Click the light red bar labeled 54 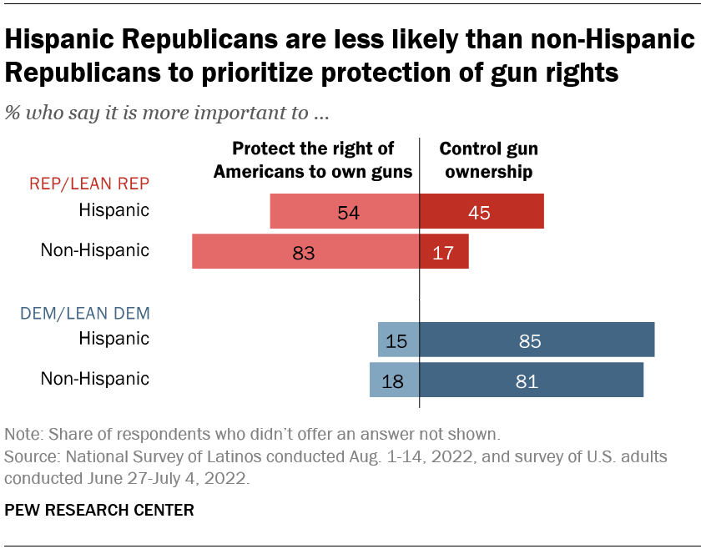point(345,212)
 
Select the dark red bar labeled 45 point(482,212)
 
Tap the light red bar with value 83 point(305,251)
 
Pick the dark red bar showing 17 point(444,251)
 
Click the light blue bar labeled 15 point(398,340)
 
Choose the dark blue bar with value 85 point(537,340)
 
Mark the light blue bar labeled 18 point(395,380)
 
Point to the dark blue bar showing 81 point(532,380)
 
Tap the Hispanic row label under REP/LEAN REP point(113,210)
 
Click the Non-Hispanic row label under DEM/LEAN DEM point(95,378)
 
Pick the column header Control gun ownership point(488,160)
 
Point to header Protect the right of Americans point(313,160)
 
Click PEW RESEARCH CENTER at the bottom point(99,510)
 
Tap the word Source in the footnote point(29,458)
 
